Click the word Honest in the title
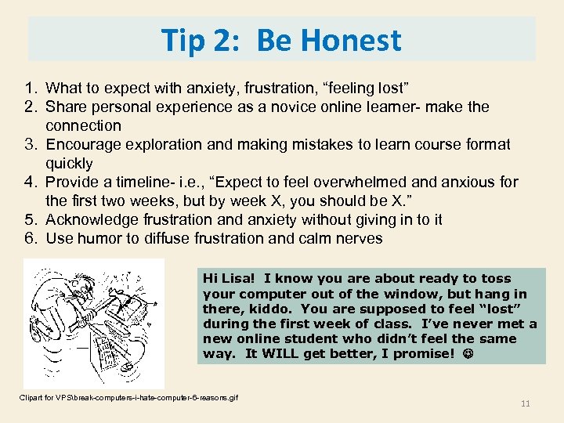click(x=356, y=40)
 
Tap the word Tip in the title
click(x=184, y=40)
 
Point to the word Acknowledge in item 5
click(x=92, y=220)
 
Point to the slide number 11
click(x=525, y=403)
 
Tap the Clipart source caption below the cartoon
click(x=129, y=397)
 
